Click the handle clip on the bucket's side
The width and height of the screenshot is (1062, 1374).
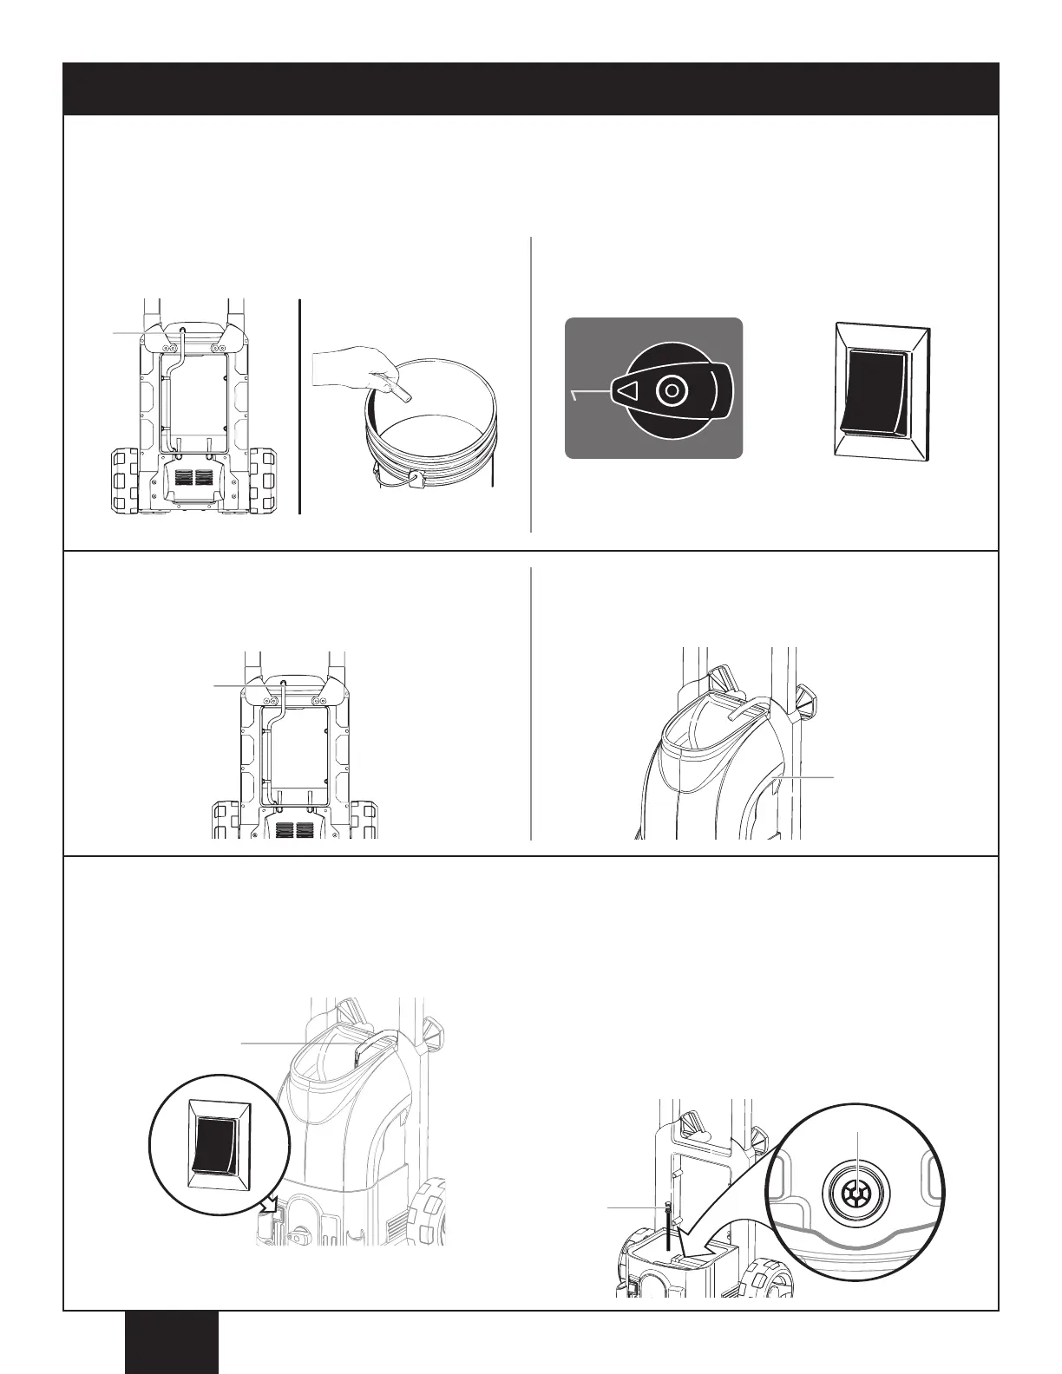coord(416,478)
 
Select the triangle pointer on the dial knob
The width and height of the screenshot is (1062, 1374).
coord(628,392)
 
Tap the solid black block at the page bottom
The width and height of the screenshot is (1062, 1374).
coord(171,1342)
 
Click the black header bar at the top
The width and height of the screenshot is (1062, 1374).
coord(531,88)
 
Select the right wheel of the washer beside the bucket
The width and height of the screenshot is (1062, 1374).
coord(264,481)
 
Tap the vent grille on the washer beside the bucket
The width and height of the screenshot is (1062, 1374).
coord(193,478)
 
